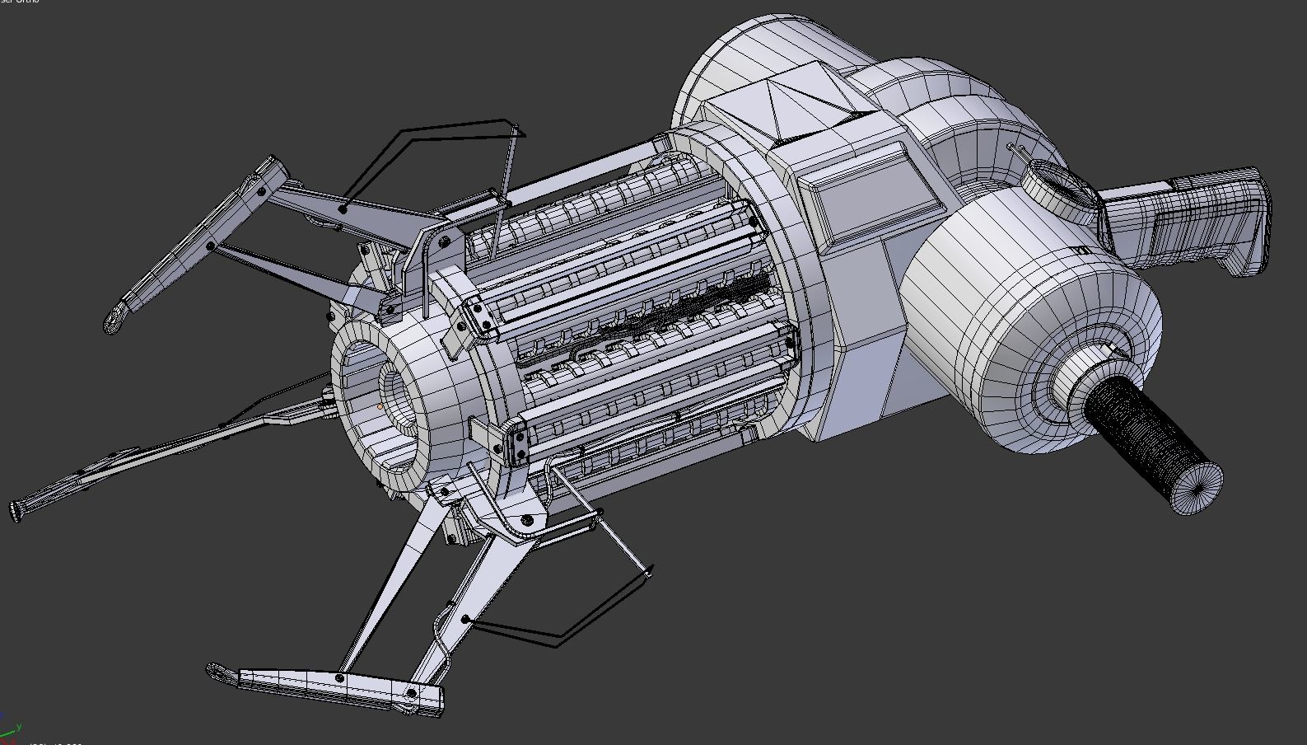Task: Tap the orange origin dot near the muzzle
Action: [x=380, y=406]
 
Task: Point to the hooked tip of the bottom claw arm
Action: [x=218, y=672]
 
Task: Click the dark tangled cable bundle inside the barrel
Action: [x=684, y=313]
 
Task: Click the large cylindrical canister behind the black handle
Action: [x=1029, y=330]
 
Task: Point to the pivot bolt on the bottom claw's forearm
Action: [x=339, y=678]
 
